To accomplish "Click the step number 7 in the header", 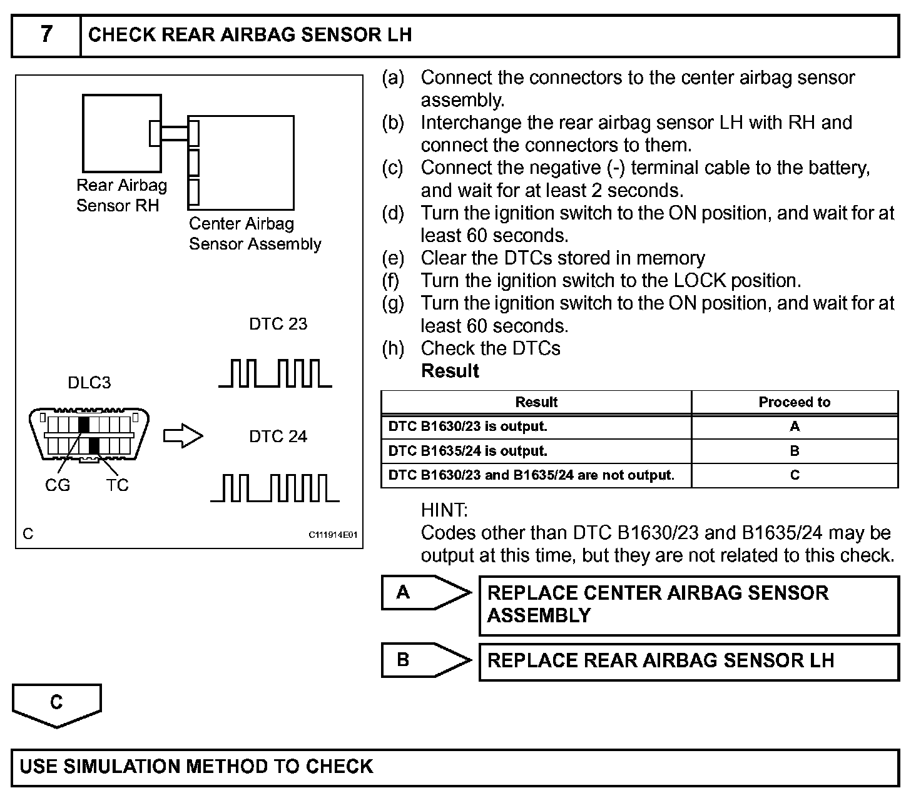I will (x=46, y=34).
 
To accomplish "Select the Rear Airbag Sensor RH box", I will (x=121, y=133).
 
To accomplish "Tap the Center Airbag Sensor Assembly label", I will (x=255, y=234).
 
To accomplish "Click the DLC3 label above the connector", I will (x=89, y=383).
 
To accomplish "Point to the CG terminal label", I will (x=58, y=485).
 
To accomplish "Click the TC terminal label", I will (x=117, y=485).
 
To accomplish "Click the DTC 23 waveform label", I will (x=278, y=324).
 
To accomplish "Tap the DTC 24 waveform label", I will (x=278, y=437).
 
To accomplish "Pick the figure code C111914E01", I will (x=332, y=535).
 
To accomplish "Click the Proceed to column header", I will (x=794, y=402).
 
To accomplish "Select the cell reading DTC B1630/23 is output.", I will (x=467, y=427).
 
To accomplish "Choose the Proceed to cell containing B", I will (x=794, y=451).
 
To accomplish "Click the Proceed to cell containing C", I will (x=794, y=475).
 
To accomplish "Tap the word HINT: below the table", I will (x=444, y=510).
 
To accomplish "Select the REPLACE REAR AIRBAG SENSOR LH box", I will (x=688, y=661).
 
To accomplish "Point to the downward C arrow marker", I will (x=56, y=705).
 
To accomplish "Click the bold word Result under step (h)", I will (x=450, y=371).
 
